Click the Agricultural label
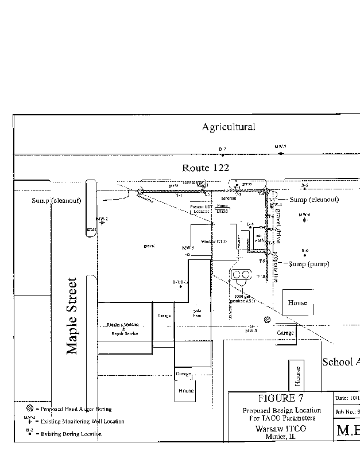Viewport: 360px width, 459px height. tap(228, 127)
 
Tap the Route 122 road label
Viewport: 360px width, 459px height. tap(206, 168)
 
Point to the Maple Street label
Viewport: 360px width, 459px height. tap(72, 316)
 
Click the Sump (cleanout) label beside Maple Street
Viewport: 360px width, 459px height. tap(56, 200)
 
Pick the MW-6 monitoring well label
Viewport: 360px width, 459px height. tap(304, 215)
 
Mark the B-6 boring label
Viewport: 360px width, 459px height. tap(305, 251)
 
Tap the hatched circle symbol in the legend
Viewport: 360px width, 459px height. tap(29, 408)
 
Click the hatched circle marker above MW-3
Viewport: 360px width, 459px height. tap(266, 320)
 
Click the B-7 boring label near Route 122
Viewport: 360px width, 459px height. tap(222, 149)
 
